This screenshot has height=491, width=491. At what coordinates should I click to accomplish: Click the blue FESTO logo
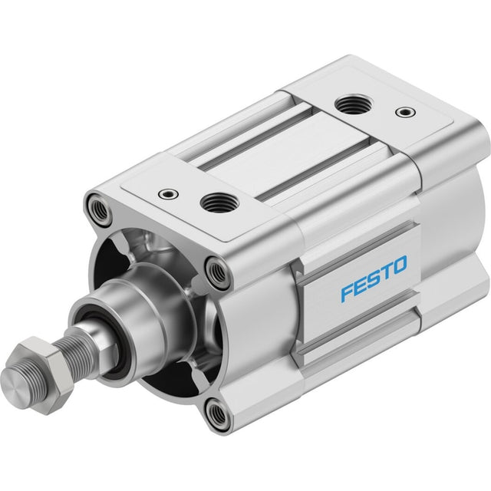pyautogui.click(x=374, y=278)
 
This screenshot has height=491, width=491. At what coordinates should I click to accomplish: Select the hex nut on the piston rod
pyautogui.click(x=44, y=375)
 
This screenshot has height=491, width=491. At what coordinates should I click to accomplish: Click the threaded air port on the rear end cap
pyautogui.click(x=355, y=105)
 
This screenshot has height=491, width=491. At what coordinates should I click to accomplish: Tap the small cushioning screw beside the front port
pyautogui.click(x=169, y=194)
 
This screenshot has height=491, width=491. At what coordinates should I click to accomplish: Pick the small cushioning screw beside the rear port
pyautogui.click(x=406, y=111)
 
